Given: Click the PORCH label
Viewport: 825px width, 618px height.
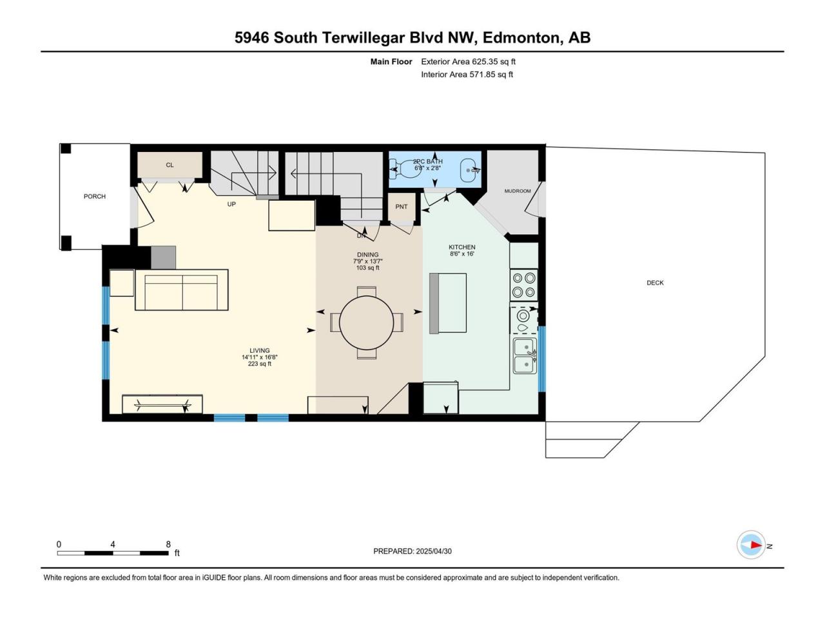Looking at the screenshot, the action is click(94, 196).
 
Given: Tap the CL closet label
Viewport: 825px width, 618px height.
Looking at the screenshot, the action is click(170, 165).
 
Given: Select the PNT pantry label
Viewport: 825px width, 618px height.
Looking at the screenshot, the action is click(402, 207).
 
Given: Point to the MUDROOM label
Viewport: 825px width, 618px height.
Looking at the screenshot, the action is click(518, 191).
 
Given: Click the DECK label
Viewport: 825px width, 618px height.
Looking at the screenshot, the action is click(655, 283).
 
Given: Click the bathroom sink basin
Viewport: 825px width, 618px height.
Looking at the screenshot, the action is click(469, 170).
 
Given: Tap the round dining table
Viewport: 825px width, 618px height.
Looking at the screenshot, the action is click(367, 323).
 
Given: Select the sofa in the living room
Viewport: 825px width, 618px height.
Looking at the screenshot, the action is click(182, 290).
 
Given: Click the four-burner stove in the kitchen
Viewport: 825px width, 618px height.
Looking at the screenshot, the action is click(524, 285).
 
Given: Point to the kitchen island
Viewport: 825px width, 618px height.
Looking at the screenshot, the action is click(448, 303).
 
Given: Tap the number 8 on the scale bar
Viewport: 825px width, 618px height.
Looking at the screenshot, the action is click(168, 545).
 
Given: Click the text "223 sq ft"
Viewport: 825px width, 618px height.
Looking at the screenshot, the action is click(259, 364).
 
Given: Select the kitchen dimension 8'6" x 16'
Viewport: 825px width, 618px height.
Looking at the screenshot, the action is click(462, 254).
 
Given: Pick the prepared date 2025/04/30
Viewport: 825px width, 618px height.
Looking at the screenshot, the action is click(433, 551).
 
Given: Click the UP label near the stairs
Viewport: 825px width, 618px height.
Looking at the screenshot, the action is click(231, 204).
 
